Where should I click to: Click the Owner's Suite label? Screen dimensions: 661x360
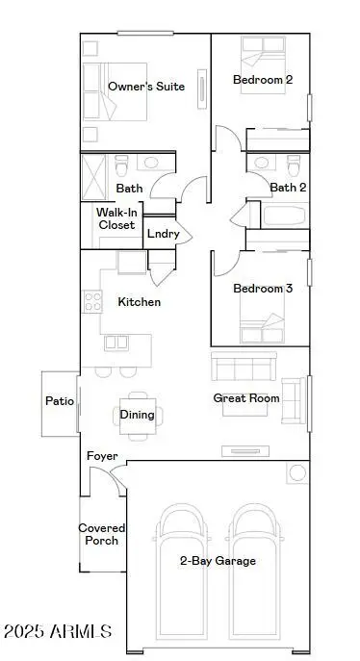[146, 87]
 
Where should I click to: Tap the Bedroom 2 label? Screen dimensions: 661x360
[263, 80]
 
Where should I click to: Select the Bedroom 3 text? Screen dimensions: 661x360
[263, 289]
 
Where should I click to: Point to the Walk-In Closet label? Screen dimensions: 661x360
[116, 218]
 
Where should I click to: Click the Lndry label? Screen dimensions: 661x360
[161, 233]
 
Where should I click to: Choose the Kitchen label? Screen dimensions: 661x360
[140, 302]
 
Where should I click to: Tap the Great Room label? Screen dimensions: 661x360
[246, 397]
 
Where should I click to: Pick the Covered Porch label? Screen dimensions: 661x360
[99, 534]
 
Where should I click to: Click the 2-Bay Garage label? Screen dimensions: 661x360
[218, 560]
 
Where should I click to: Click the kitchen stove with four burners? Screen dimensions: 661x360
[93, 302]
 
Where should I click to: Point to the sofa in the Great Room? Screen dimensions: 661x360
[244, 367]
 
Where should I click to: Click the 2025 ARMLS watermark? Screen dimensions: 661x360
[58, 632]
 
